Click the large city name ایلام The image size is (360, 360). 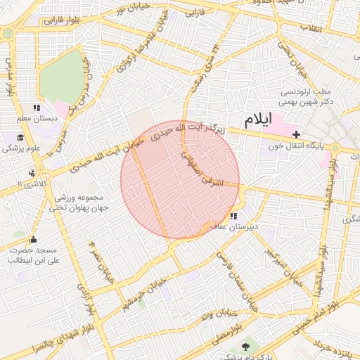pos(255,119)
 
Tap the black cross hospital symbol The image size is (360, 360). pos(296,134)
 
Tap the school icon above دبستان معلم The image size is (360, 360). pos(37,108)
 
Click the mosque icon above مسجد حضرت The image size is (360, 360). pos(33,239)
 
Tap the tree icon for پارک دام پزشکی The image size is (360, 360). pos(245,347)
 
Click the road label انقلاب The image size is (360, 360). pos(310,28)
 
